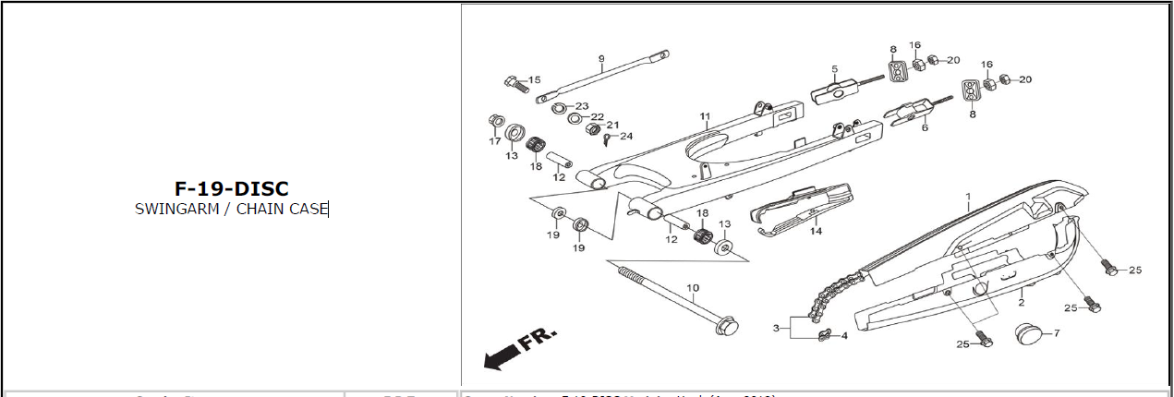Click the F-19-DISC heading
coord(231,188)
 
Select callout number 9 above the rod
coord(601,59)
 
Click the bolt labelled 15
coord(514,84)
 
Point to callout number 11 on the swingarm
coord(704,117)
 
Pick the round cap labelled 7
coord(1031,333)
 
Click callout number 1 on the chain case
coord(968,198)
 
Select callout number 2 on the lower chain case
coord(1022,302)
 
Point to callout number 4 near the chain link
coord(844,335)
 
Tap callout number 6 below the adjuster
coord(924,128)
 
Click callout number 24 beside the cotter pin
coord(627,137)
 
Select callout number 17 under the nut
coord(495,141)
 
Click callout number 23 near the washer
coord(582,106)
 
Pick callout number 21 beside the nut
coord(612,126)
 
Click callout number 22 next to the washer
coord(598,117)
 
